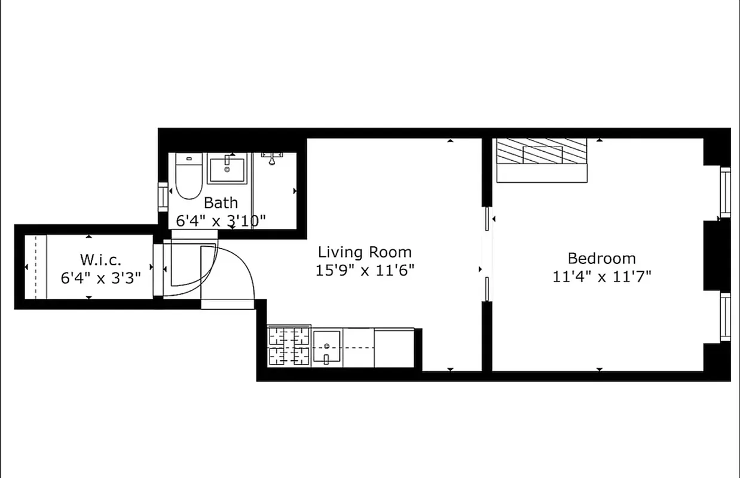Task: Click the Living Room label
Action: [x=364, y=252]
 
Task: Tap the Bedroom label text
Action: [x=601, y=259]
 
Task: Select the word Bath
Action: [x=221, y=202]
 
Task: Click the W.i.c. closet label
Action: [x=100, y=260]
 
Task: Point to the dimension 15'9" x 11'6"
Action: [x=365, y=270]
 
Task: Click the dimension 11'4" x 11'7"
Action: [x=601, y=276]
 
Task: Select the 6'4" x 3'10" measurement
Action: [x=221, y=220]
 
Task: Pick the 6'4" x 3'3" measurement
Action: [x=100, y=277]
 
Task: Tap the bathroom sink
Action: [x=227, y=169]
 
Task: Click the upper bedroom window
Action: [x=725, y=192]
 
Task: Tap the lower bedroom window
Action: [x=725, y=317]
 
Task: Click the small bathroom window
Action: [x=162, y=195]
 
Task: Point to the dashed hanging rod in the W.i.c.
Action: [x=35, y=266]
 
